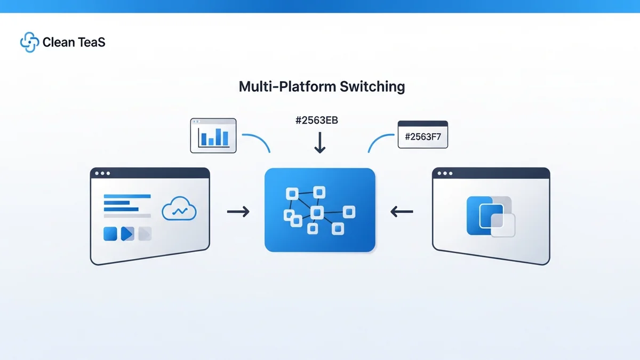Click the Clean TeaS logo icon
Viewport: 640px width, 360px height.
tap(29, 43)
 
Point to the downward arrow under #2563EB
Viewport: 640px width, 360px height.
tap(319, 143)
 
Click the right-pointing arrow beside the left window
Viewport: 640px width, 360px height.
tap(238, 212)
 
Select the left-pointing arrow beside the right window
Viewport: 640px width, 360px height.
tap(402, 212)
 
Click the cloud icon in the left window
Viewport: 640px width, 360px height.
tap(179, 210)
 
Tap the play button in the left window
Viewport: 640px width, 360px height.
tap(127, 234)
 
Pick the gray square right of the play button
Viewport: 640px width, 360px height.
tap(145, 234)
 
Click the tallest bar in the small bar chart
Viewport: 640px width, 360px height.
tap(225, 137)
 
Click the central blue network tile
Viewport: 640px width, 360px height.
tap(320, 210)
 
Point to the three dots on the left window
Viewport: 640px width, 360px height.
tap(101, 173)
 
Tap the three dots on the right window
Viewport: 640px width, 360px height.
tap(444, 173)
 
